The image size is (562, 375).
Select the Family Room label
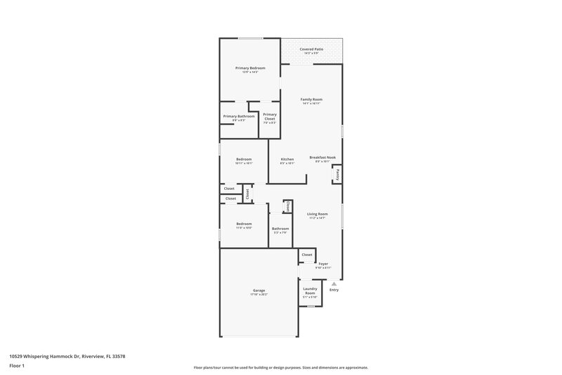311,100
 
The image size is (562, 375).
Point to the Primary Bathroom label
239,116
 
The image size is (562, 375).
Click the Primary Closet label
270,116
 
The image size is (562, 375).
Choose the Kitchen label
287,159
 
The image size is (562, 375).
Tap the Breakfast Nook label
322,158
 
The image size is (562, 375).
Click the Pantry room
337,174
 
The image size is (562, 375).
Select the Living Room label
318,214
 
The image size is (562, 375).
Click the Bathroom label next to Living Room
280,228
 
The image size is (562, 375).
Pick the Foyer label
323,264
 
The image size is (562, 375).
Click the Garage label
259,290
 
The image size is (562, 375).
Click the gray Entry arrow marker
334,283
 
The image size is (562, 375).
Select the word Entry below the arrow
334,290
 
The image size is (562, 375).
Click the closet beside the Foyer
307,255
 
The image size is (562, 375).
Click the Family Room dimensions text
311,104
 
